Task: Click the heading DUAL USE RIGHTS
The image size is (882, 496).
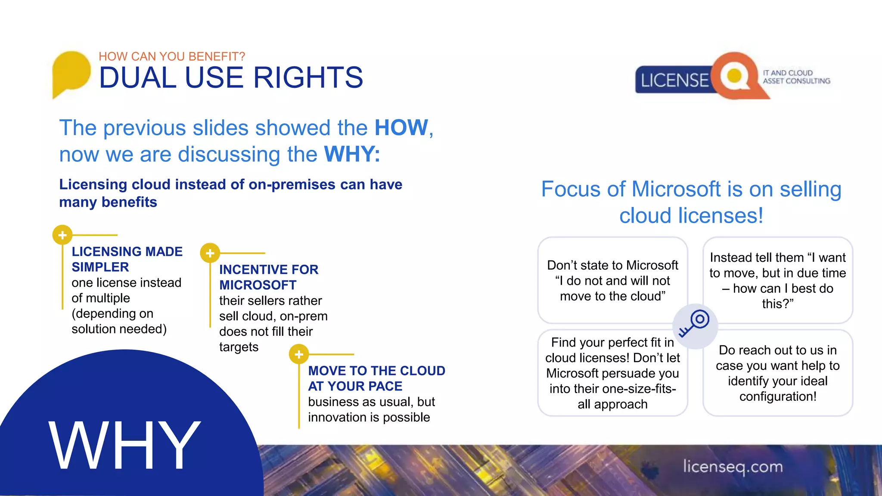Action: click(x=231, y=78)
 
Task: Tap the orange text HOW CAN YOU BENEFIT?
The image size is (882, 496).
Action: click(x=172, y=56)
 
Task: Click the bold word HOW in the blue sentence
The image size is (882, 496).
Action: click(x=401, y=128)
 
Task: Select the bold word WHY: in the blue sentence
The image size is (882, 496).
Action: click(x=352, y=154)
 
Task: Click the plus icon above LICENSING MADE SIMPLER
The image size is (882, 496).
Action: click(x=62, y=235)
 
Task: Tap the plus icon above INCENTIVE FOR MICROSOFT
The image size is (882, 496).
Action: click(x=210, y=253)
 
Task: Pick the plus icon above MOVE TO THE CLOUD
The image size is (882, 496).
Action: click(x=299, y=354)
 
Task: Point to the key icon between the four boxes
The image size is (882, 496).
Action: click(x=695, y=325)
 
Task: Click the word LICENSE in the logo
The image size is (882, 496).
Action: click(x=674, y=81)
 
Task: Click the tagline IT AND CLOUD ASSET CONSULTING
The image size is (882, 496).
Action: click(x=796, y=77)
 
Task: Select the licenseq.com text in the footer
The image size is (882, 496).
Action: click(x=733, y=467)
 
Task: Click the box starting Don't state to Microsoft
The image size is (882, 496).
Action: click(x=612, y=280)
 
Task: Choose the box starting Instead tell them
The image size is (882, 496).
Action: click(x=777, y=280)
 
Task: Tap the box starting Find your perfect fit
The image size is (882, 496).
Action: click(x=612, y=373)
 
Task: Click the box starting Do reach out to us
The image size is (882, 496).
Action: click(x=777, y=373)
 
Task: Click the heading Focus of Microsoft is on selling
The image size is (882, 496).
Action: click(x=691, y=202)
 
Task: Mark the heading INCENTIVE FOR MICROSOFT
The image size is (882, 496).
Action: click(x=269, y=277)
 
